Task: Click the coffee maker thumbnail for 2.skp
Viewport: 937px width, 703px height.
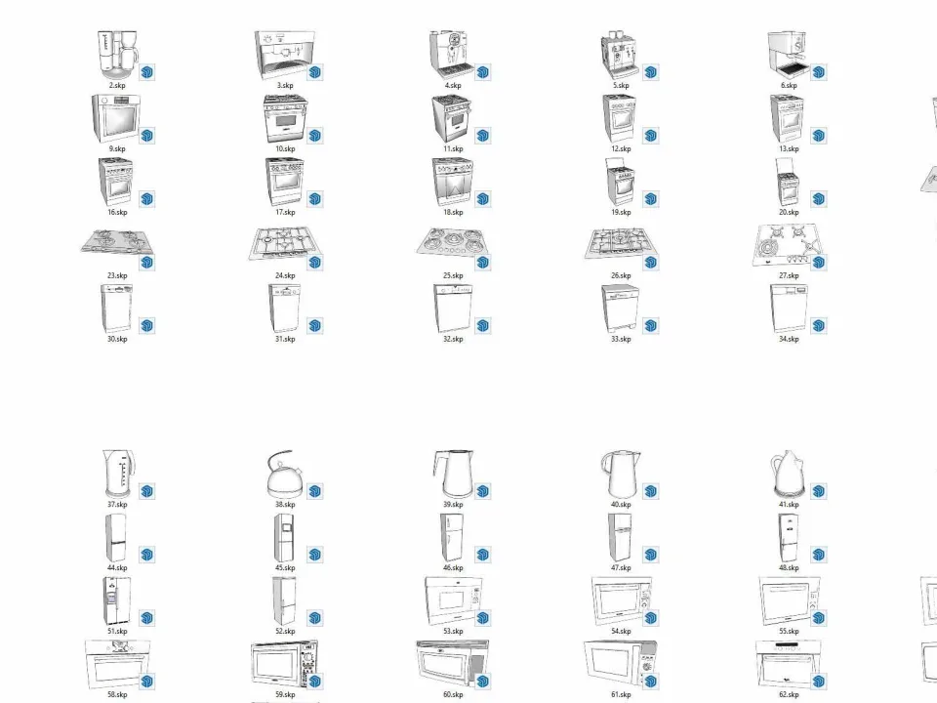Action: (x=117, y=55)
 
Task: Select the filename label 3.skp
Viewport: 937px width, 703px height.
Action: (x=285, y=86)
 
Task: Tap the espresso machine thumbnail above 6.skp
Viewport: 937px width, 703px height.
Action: (x=789, y=55)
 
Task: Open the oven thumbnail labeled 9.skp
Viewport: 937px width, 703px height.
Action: (x=116, y=118)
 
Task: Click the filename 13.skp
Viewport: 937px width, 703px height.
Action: (x=789, y=148)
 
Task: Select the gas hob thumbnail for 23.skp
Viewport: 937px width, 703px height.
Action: (x=116, y=243)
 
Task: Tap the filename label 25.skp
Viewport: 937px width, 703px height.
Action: (x=453, y=275)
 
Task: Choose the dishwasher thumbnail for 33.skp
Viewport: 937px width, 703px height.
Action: (x=621, y=309)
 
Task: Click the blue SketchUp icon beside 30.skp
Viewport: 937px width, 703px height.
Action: (x=147, y=326)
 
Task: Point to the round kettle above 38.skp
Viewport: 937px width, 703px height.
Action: (x=284, y=475)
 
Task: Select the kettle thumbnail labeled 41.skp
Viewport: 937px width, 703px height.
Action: (x=789, y=475)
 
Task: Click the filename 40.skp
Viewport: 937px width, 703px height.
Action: (x=621, y=505)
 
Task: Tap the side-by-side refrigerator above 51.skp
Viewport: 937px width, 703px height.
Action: (x=116, y=600)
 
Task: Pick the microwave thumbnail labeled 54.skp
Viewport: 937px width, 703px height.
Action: (x=622, y=600)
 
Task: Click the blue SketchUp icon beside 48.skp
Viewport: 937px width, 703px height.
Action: (x=819, y=555)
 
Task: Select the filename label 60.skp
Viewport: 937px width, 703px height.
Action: (x=453, y=694)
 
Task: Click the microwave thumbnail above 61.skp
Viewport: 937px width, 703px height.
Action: (x=621, y=664)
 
